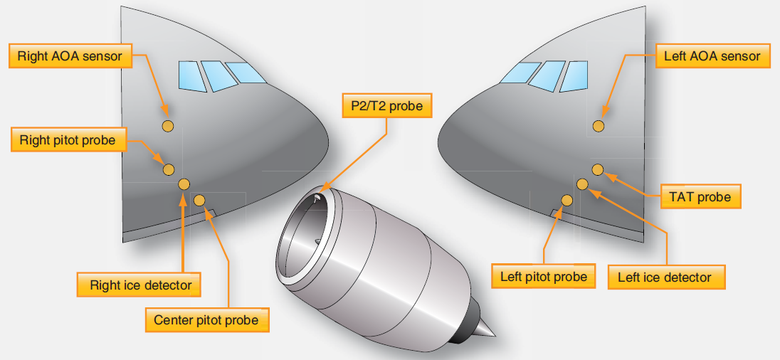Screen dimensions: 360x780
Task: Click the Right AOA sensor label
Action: (70, 55)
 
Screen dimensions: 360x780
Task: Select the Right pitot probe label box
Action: (67, 140)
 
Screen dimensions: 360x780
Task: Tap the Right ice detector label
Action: (140, 285)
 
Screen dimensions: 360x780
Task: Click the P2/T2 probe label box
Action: (386, 107)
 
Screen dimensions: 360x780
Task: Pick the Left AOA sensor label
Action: (712, 55)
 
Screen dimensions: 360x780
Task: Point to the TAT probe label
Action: (700, 196)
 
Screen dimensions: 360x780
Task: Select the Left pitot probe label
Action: (544, 276)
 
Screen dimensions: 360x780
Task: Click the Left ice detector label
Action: (665, 277)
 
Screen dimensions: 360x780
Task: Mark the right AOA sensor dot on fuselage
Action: (168, 126)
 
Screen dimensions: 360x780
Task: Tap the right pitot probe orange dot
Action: (169, 169)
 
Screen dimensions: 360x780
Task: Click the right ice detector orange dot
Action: (184, 184)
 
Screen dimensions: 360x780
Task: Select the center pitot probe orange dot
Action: (199, 200)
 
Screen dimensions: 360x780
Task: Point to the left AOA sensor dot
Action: (599, 126)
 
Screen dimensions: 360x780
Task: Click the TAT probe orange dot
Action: (598, 169)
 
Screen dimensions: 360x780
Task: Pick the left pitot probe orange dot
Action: (567, 200)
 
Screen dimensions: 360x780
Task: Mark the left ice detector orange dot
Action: (582, 184)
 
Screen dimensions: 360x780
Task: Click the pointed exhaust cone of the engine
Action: (484, 328)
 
